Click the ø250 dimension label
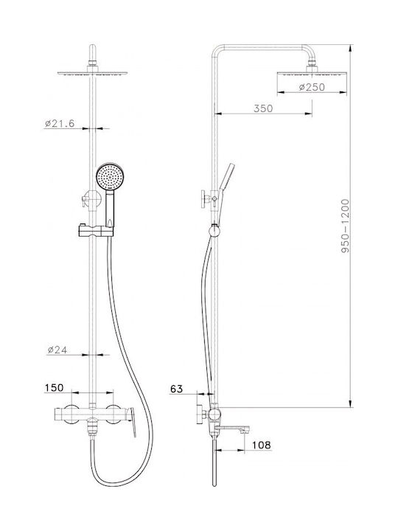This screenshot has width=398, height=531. click(x=312, y=87)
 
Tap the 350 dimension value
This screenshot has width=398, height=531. click(x=263, y=108)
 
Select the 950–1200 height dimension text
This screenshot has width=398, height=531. click(x=345, y=226)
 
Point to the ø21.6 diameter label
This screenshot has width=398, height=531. click(x=60, y=123)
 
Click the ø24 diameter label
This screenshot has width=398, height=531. click(x=57, y=350)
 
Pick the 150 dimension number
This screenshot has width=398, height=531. click(x=54, y=388)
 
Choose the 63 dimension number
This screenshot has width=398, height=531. click(x=176, y=389)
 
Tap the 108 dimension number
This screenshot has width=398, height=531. click(x=261, y=445)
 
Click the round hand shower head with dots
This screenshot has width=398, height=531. click(x=110, y=176)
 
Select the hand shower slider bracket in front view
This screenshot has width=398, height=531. click(x=96, y=231)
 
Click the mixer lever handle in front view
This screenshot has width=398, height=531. click(x=132, y=422)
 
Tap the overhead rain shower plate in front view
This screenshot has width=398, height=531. click(x=92, y=73)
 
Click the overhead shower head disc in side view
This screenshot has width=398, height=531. click(x=312, y=73)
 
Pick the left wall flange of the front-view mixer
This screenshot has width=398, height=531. click(x=71, y=414)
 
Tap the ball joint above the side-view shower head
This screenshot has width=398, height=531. click(x=312, y=63)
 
